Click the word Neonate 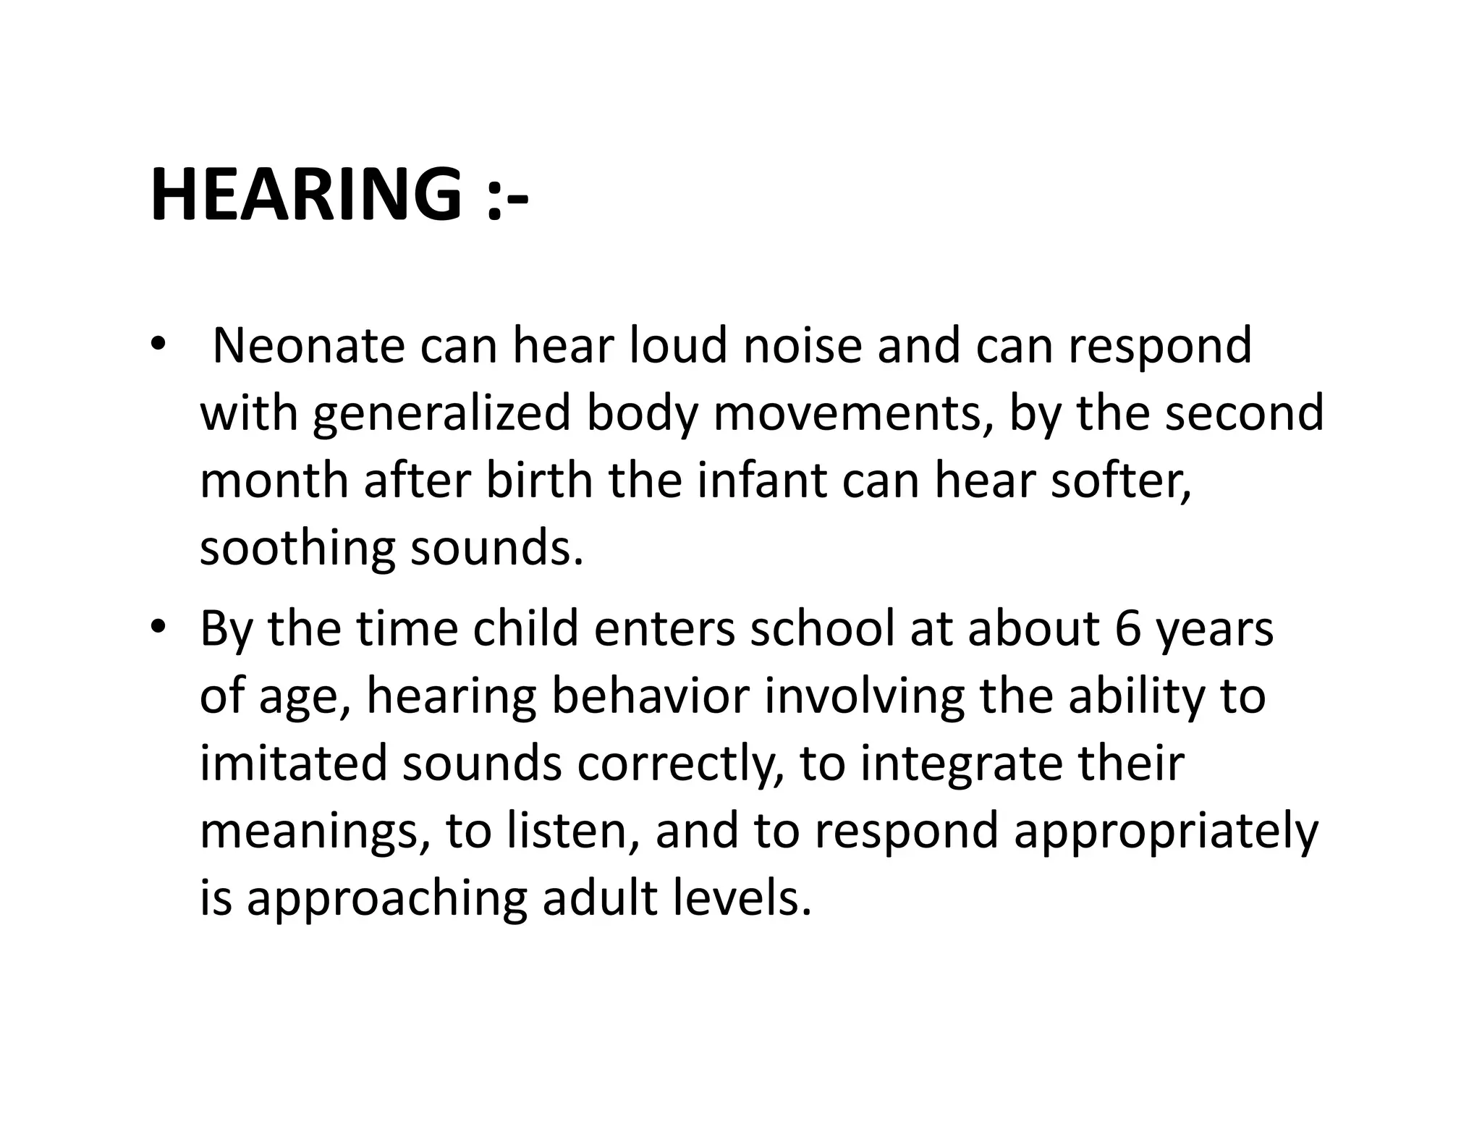[x=308, y=345]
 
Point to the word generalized [x=442, y=414]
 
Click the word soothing [x=297, y=549]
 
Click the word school [x=822, y=628]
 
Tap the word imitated [x=293, y=764]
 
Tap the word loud [x=677, y=345]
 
